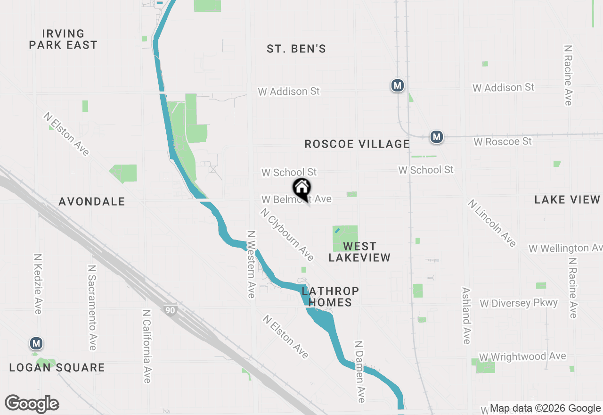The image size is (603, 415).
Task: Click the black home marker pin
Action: (x=302, y=189)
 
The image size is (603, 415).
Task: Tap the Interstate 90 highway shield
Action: (x=170, y=310)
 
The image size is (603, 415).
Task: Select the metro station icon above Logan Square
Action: (x=36, y=343)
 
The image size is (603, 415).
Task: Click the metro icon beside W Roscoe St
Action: (x=437, y=137)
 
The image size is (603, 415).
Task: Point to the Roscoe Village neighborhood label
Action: (x=357, y=144)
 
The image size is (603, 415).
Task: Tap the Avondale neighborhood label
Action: (x=92, y=202)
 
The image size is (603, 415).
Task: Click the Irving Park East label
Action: (x=63, y=40)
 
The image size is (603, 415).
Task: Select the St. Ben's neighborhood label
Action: (x=296, y=49)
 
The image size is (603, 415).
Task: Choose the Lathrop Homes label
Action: (x=330, y=297)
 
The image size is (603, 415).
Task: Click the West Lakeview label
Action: (x=359, y=252)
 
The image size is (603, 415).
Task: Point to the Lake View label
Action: (x=567, y=200)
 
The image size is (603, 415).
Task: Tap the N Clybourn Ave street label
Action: (x=287, y=234)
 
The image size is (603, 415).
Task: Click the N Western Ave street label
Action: (x=251, y=264)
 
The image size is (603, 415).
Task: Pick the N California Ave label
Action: (x=147, y=346)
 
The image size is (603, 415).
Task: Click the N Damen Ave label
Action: (x=360, y=372)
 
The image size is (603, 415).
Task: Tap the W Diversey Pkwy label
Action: (x=519, y=303)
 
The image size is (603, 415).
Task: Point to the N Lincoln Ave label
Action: (x=492, y=223)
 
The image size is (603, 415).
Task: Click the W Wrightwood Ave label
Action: (x=522, y=357)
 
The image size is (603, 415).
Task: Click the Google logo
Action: (x=32, y=404)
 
